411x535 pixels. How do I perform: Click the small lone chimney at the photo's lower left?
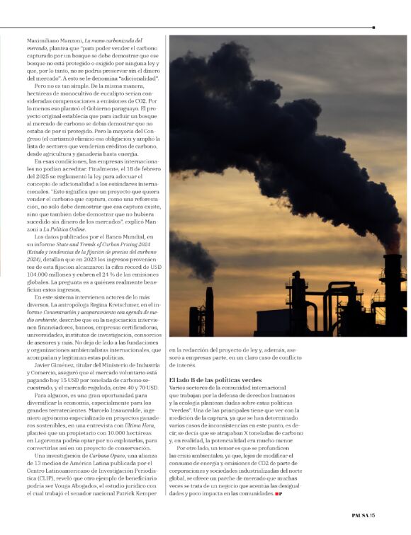[209, 311]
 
